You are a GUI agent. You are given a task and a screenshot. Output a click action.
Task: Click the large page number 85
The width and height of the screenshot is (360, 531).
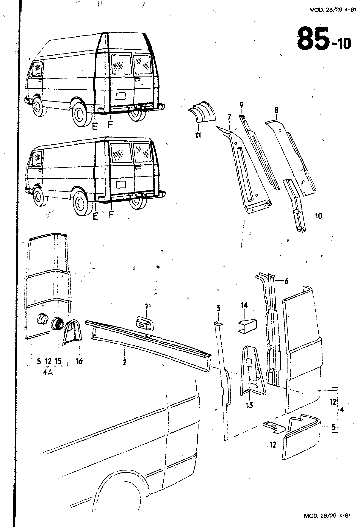312,39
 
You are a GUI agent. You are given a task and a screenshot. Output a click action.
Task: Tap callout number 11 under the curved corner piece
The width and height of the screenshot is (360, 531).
198,135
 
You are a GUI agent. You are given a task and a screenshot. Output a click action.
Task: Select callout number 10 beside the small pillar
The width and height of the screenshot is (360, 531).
318,216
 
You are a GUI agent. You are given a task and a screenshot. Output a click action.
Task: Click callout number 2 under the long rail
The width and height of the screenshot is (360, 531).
124,362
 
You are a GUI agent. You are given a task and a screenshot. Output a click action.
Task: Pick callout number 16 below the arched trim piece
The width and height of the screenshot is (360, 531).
79,361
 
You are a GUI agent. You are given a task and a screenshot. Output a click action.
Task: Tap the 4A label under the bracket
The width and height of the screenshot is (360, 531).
47,373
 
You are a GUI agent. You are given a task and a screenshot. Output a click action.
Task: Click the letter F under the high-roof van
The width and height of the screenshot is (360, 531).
110,125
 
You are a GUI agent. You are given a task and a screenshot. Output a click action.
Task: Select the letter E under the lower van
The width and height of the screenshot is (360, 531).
96,216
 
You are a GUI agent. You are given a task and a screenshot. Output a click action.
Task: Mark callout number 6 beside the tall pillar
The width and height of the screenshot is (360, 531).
286,281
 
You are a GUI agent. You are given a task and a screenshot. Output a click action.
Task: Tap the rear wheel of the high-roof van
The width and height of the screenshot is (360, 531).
81,115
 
